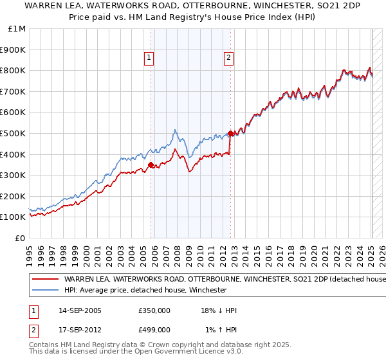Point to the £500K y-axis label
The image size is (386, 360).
click(x=14, y=133)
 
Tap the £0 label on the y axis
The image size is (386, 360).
click(x=20, y=238)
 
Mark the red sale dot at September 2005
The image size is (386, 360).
click(x=151, y=165)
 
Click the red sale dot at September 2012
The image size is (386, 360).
click(x=230, y=133)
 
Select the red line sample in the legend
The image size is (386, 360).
click(x=46, y=280)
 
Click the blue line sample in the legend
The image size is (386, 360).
click(x=46, y=290)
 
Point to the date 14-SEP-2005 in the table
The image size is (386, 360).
click(x=80, y=310)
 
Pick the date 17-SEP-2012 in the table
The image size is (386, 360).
click(x=80, y=330)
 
